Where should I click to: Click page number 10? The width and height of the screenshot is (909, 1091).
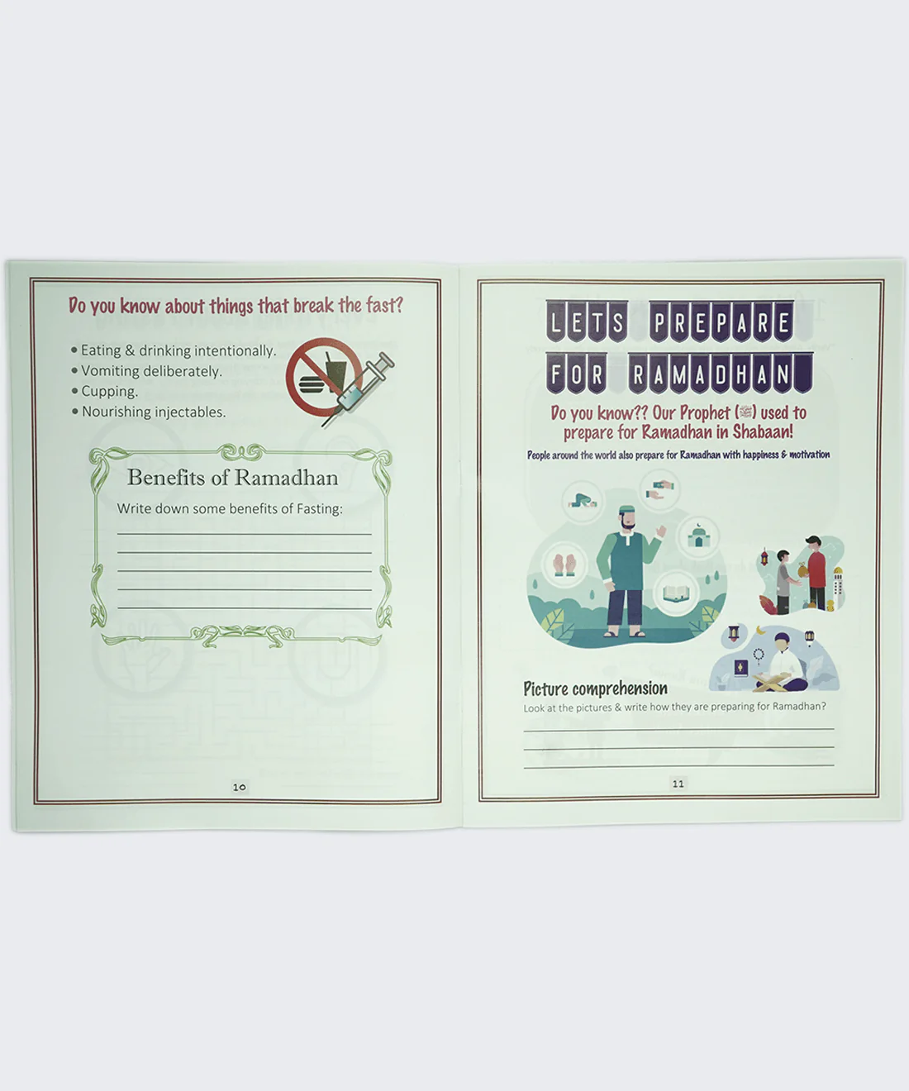click(240, 787)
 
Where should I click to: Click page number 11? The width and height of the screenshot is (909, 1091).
click(678, 784)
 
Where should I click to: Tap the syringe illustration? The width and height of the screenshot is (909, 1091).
click(359, 388)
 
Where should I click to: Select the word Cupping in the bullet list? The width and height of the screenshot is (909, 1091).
click(108, 392)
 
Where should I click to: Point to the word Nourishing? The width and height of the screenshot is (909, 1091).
click(117, 412)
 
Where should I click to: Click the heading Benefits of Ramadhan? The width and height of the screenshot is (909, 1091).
click(232, 478)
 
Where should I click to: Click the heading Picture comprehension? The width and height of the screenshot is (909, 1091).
click(595, 689)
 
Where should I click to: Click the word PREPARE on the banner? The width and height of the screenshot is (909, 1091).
click(721, 322)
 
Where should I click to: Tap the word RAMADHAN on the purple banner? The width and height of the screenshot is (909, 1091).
click(721, 374)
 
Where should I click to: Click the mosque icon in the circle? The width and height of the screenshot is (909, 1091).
click(698, 536)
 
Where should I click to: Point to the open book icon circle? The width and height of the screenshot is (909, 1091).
click(677, 593)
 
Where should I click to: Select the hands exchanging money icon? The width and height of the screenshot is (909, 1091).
click(659, 490)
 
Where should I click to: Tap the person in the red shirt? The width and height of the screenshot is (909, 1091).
click(815, 573)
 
